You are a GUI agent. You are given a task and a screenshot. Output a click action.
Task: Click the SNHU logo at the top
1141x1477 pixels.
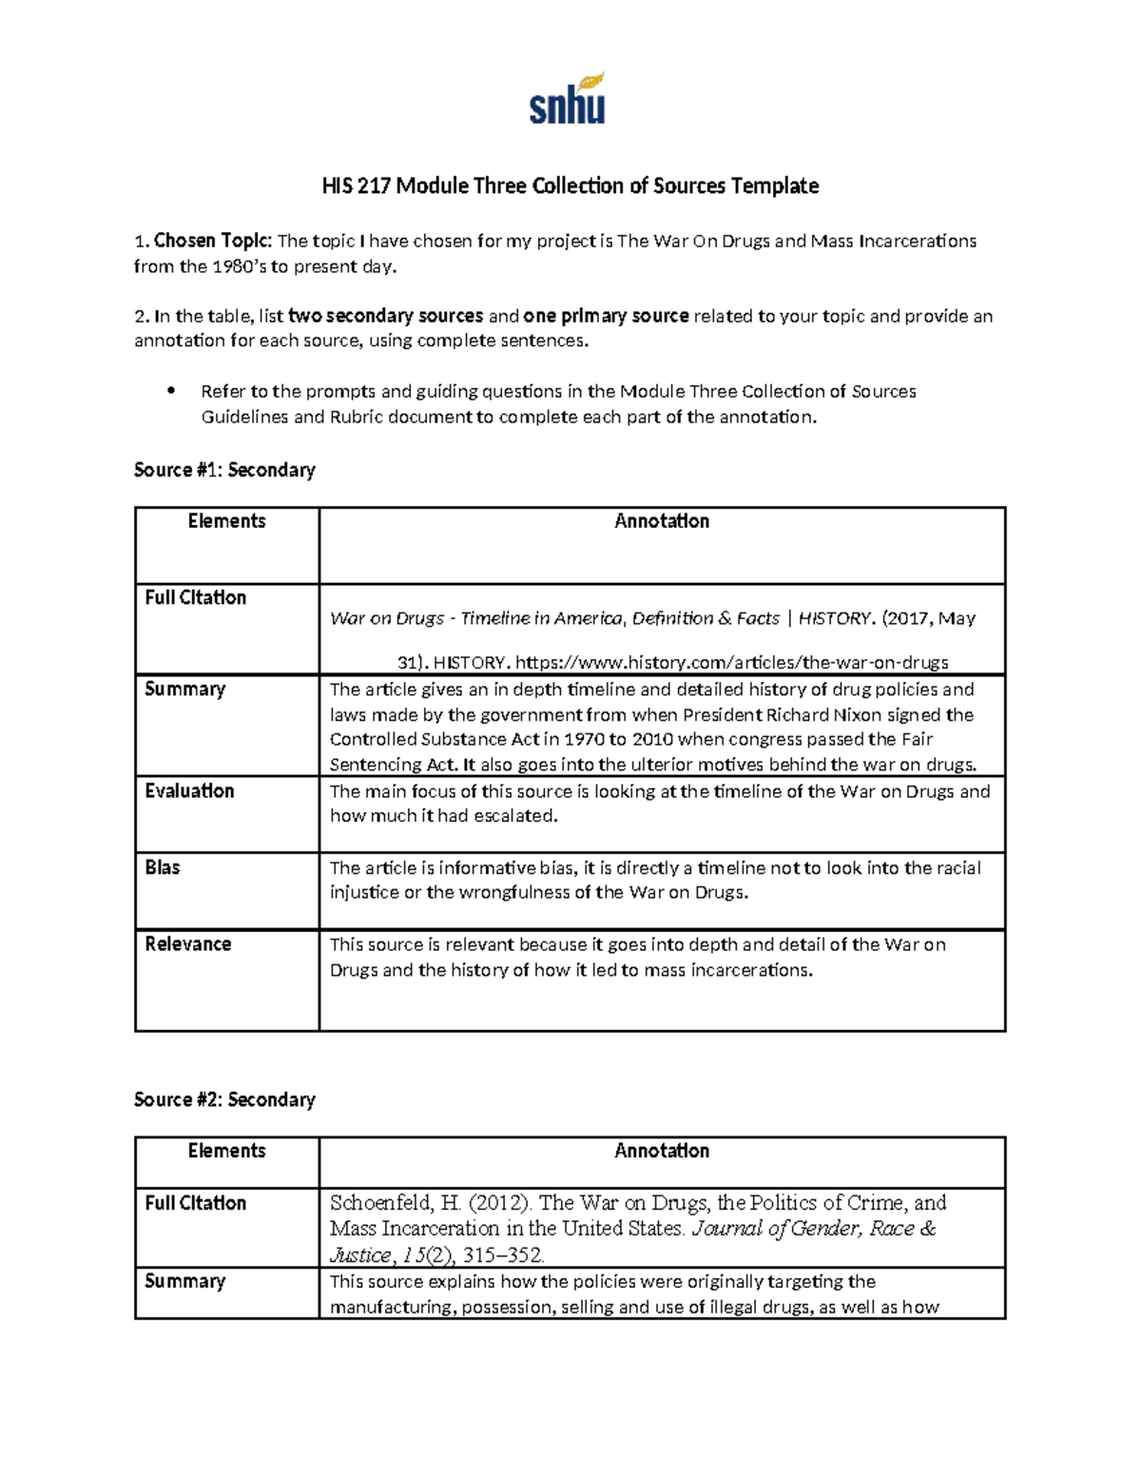coord(568,99)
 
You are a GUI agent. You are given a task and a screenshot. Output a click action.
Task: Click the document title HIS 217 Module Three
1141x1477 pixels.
coord(570,185)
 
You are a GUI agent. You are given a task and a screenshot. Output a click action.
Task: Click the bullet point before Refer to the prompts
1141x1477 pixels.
coord(172,391)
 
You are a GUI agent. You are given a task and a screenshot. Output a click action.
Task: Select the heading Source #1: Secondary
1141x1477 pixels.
coord(224,470)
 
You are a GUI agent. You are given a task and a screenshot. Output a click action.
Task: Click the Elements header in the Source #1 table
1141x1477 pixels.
coord(226,521)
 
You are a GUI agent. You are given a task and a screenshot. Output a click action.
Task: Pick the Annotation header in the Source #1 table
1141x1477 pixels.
coord(662,521)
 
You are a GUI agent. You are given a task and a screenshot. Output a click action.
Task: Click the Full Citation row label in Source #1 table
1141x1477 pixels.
coord(195,597)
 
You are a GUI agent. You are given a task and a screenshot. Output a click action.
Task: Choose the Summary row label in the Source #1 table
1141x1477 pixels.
coord(184,689)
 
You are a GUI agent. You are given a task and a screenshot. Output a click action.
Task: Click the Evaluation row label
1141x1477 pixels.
coord(189,790)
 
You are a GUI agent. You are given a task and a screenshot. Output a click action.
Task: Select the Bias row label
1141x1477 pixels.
coord(163,867)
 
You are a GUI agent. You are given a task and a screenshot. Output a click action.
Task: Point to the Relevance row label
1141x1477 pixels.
coord(188,943)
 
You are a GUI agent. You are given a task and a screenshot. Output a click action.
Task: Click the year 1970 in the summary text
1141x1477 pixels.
coord(583,739)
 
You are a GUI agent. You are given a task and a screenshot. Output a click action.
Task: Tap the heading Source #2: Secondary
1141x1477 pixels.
coord(224,1099)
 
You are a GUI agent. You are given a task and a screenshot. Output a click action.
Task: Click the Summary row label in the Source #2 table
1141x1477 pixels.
coord(184,1281)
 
